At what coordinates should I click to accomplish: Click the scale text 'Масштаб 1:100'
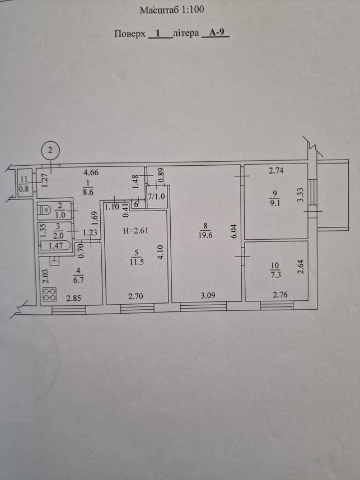pyautogui.click(x=172, y=10)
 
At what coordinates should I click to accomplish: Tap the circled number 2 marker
pyautogui.click(x=50, y=150)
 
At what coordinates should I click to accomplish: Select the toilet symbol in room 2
pyautogui.click(x=46, y=209)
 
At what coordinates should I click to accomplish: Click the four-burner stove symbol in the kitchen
pyautogui.click(x=50, y=294)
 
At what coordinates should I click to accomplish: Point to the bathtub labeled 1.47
pyautogui.click(x=55, y=246)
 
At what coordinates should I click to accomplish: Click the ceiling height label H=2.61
pyautogui.click(x=135, y=231)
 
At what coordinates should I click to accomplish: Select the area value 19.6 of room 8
pyautogui.click(x=205, y=235)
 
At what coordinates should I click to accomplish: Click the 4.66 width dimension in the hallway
pyautogui.click(x=91, y=173)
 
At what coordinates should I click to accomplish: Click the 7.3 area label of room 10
pyautogui.click(x=275, y=274)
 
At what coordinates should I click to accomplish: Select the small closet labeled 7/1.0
pyautogui.click(x=157, y=197)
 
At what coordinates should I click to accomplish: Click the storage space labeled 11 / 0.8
pyautogui.click(x=24, y=184)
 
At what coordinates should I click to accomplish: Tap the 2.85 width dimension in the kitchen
pyautogui.click(x=74, y=298)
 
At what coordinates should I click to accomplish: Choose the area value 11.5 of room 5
pyautogui.click(x=137, y=262)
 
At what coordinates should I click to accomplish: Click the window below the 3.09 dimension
pyautogui.click(x=203, y=306)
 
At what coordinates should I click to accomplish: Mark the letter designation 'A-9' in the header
pyautogui.click(x=216, y=33)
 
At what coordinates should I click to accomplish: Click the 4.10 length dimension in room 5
pyautogui.click(x=160, y=253)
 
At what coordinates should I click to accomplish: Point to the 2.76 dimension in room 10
pyautogui.click(x=280, y=295)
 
